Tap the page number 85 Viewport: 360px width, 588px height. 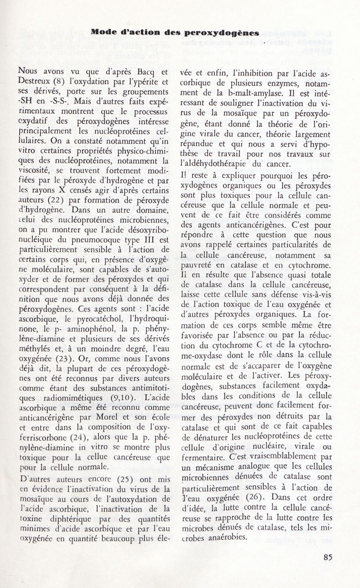click(328, 557)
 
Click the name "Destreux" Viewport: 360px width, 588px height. click(34, 82)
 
